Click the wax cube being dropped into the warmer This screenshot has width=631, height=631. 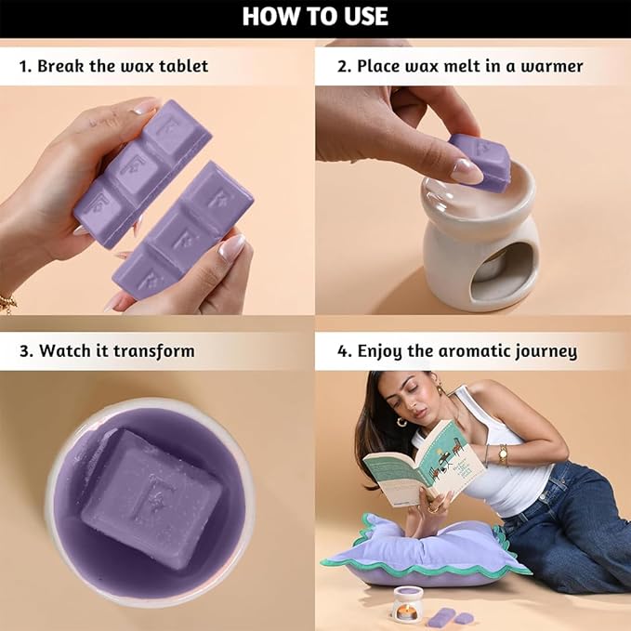click(478, 161)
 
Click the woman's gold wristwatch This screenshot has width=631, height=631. click(503, 454)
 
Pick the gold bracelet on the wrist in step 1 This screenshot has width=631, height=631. click(8, 303)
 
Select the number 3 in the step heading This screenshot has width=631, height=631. click(24, 351)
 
